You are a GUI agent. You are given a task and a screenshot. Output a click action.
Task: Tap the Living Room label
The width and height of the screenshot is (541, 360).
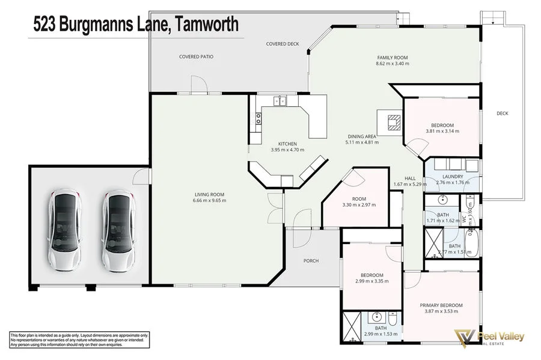(209, 194)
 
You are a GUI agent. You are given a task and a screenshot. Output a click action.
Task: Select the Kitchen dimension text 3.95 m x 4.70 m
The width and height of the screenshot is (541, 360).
(287, 150)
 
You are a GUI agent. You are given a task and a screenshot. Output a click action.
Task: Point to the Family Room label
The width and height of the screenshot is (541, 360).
(392, 58)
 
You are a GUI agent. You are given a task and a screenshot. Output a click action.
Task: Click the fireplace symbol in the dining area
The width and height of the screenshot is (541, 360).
(393, 122)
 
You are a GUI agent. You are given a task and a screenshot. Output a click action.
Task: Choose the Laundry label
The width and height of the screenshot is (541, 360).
(453, 177)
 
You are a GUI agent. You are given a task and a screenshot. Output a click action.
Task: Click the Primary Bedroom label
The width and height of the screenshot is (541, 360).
(441, 305)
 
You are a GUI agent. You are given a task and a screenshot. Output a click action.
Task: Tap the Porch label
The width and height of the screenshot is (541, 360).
(311, 261)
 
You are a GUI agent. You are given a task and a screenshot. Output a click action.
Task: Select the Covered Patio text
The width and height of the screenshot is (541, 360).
(196, 56)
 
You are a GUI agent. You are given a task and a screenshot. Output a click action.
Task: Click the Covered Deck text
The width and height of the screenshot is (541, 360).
(283, 44)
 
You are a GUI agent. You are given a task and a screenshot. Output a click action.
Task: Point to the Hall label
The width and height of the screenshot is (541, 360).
(410, 178)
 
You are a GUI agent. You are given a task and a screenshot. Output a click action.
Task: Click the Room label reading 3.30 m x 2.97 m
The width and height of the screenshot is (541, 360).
(358, 205)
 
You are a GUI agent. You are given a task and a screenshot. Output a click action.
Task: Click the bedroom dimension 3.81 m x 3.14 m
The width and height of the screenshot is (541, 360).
(442, 130)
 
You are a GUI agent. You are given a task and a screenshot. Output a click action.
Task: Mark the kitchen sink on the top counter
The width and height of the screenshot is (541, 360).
(280, 101)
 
